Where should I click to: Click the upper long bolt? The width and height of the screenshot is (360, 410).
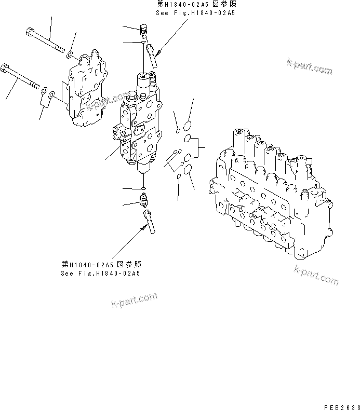47,42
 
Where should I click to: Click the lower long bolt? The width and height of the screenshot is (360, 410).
23,78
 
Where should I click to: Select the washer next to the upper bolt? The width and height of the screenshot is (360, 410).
69,53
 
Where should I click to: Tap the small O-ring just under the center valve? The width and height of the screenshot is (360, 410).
143,188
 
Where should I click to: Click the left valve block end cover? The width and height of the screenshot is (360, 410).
86,91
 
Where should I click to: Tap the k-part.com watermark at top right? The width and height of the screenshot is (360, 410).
309,67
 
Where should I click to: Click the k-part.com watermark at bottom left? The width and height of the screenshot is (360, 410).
134,299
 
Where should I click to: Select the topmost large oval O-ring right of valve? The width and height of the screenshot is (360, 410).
188,125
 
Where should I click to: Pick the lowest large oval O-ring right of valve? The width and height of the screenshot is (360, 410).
188,170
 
